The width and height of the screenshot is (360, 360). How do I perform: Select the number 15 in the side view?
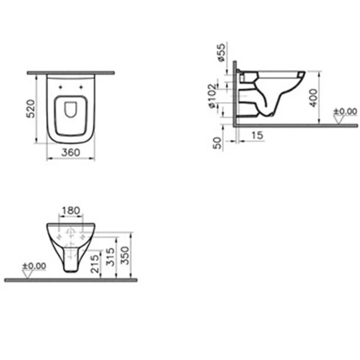(x=257, y=135)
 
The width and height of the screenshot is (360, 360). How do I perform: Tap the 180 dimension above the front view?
(x=72, y=210)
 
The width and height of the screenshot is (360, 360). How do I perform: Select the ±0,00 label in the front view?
(x=33, y=265)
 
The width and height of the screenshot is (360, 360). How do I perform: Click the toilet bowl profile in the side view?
(x=274, y=91)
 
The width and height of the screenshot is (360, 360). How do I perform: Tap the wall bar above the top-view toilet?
(x=71, y=72)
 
